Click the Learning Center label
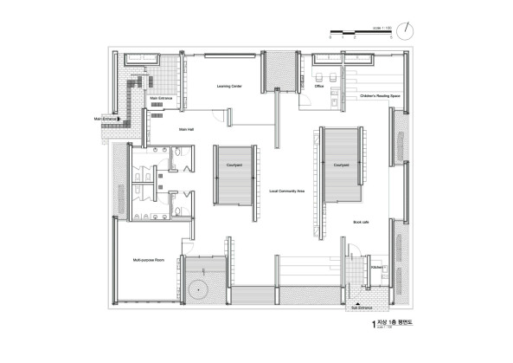(228, 87)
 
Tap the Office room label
(318, 87)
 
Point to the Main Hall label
(186, 129)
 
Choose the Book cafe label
(361, 223)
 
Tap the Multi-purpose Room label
(149, 259)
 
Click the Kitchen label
(376, 269)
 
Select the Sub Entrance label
(360, 307)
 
